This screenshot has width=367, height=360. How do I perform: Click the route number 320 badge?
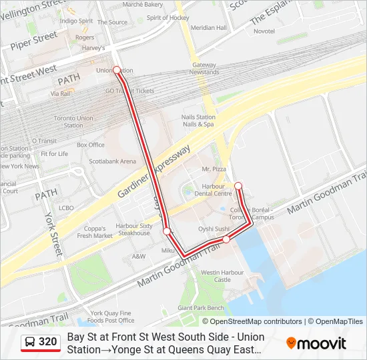click(41, 343)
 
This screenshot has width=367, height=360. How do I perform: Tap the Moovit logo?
click(316, 343)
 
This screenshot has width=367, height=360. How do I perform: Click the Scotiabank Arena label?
click(113, 161)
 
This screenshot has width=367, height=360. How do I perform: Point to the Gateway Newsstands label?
click(204, 69)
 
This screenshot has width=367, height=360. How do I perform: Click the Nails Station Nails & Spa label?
click(198, 121)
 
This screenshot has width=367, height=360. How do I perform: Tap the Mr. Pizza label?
click(214, 169)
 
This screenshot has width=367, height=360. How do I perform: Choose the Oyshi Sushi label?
click(214, 229)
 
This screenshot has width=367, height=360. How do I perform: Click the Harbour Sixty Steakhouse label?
click(133, 229)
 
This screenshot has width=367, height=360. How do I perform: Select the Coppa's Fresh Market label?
click(95, 231)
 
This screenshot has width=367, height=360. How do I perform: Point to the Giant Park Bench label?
click(201, 308)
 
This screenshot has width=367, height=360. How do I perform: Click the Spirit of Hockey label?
click(167, 18)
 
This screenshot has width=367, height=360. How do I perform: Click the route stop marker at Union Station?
click(116, 69)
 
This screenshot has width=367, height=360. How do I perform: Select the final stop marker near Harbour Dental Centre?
click(238, 185)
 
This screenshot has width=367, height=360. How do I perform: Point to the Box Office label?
click(91, 145)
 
